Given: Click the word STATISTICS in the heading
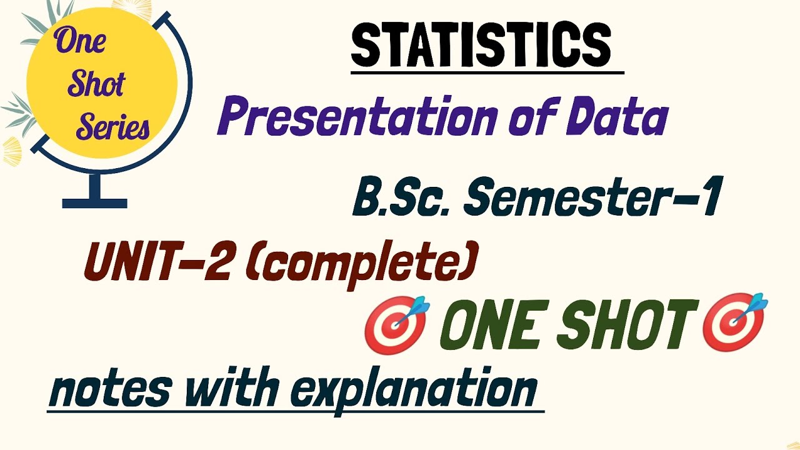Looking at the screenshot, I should [x=481, y=46].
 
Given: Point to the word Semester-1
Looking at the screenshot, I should [x=593, y=197].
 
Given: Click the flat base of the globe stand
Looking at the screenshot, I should [x=95, y=203].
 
